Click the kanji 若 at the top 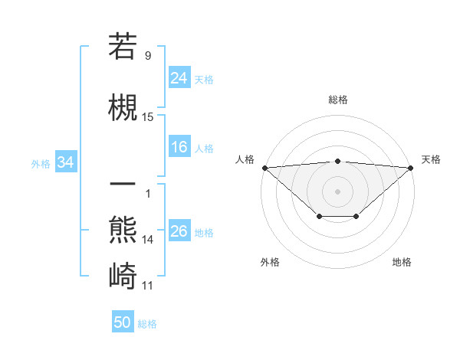pyautogui.click(x=123, y=47)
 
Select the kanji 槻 pyautogui.click(x=123, y=106)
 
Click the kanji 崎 pyautogui.click(x=123, y=273)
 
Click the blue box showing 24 pyautogui.click(x=179, y=77)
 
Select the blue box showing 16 pyautogui.click(x=179, y=147)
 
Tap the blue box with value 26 pyautogui.click(x=179, y=231)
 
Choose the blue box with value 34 pyautogui.click(x=66, y=162)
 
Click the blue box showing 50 pyautogui.click(x=123, y=322)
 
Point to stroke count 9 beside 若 pyautogui.click(x=148, y=55)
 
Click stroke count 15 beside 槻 pyautogui.click(x=148, y=117)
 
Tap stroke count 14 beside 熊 pyautogui.click(x=148, y=239)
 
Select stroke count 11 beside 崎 pyautogui.click(x=148, y=286)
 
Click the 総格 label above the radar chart pyautogui.click(x=338, y=100)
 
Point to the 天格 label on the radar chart pyautogui.click(x=431, y=159)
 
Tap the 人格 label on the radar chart pyautogui.click(x=245, y=159)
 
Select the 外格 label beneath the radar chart pyautogui.click(x=270, y=262)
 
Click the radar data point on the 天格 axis pyautogui.click(x=412, y=168)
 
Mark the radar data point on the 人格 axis pyautogui.click(x=264, y=168)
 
